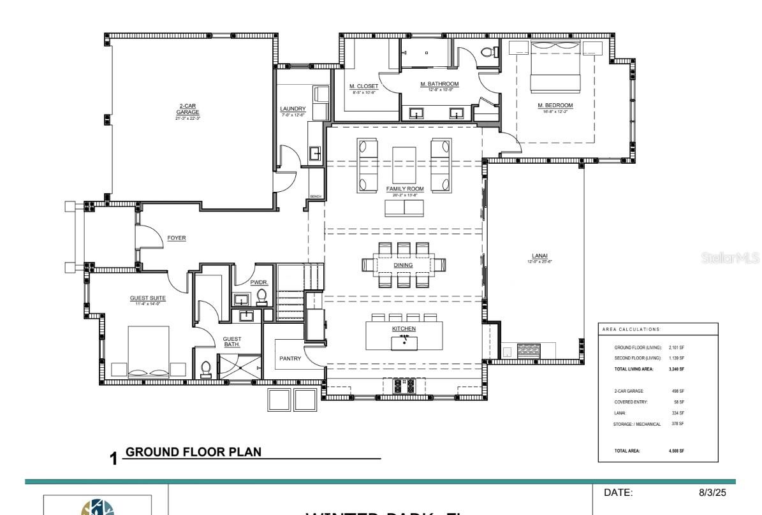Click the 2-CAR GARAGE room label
[x=187, y=109]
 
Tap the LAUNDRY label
[x=293, y=109]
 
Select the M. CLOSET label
[x=363, y=86]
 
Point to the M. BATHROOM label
[x=439, y=84]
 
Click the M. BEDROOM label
[x=555, y=105]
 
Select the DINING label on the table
[x=402, y=265]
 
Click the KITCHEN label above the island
[x=404, y=328]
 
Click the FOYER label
[x=177, y=238]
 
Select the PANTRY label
[x=290, y=359]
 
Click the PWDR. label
[x=259, y=281]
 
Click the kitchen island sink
[x=404, y=342]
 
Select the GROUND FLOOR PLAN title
[x=194, y=452]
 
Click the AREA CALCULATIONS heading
[x=631, y=329]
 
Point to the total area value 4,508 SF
[x=676, y=451]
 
